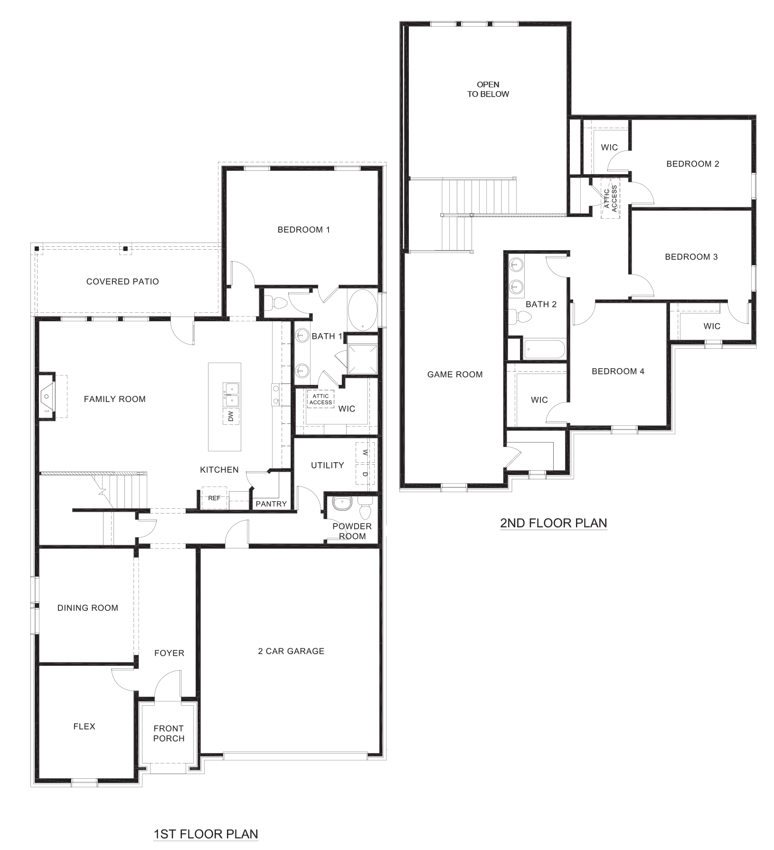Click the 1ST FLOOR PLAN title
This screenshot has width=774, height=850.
[206, 833]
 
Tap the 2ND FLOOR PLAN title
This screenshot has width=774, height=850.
[553, 523]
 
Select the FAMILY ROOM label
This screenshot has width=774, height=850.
[114, 399]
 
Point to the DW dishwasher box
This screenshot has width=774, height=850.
[231, 416]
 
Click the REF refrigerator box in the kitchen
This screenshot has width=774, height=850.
[214, 498]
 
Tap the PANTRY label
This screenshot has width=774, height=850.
[271, 504]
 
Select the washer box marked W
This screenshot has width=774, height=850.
[365, 453]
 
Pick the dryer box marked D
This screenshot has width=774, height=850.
[365, 474]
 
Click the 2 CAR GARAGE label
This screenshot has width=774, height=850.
[291, 651]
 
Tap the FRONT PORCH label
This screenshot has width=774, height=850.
[169, 733]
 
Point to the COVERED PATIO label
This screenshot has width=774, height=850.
[123, 281]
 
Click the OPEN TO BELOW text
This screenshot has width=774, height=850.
[488, 89]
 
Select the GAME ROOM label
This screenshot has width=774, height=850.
[454, 374]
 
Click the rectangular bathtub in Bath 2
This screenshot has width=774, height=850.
[544, 350]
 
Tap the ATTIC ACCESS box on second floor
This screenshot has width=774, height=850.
[611, 198]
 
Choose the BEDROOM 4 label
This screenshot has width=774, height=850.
[618, 371]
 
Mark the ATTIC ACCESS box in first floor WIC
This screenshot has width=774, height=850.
[321, 399]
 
